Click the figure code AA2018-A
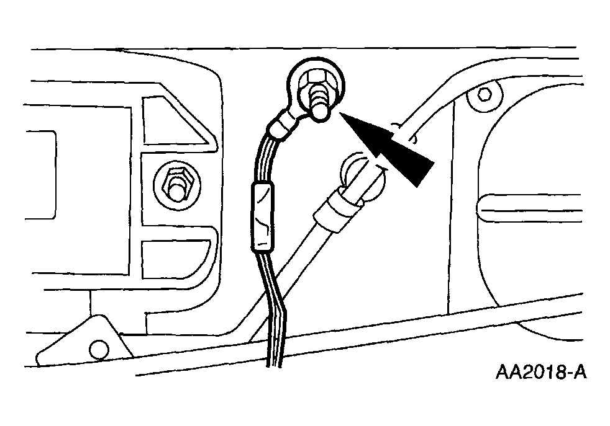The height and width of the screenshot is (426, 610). pos(541,373)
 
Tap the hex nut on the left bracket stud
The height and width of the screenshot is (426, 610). pos(178,180)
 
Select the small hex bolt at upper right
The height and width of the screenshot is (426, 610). pos(483,94)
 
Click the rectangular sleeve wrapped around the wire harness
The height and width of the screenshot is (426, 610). pos(262,217)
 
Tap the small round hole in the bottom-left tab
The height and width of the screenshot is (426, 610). pos(99,349)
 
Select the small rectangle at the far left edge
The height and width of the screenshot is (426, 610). pos(40,174)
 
